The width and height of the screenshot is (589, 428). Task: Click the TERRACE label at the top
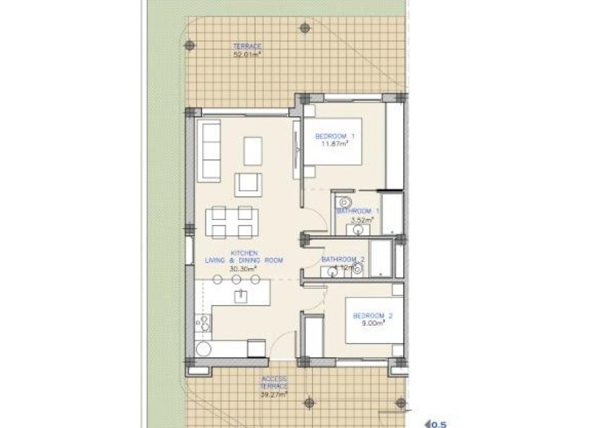(247, 46)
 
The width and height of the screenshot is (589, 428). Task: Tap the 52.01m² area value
(247, 55)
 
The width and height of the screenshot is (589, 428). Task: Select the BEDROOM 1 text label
(335, 136)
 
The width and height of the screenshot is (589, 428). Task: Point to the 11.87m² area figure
(335, 144)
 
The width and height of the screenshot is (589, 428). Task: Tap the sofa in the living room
(209, 152)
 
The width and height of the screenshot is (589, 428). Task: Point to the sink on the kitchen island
(239, 295)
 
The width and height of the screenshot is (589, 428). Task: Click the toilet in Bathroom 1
(345, 201)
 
